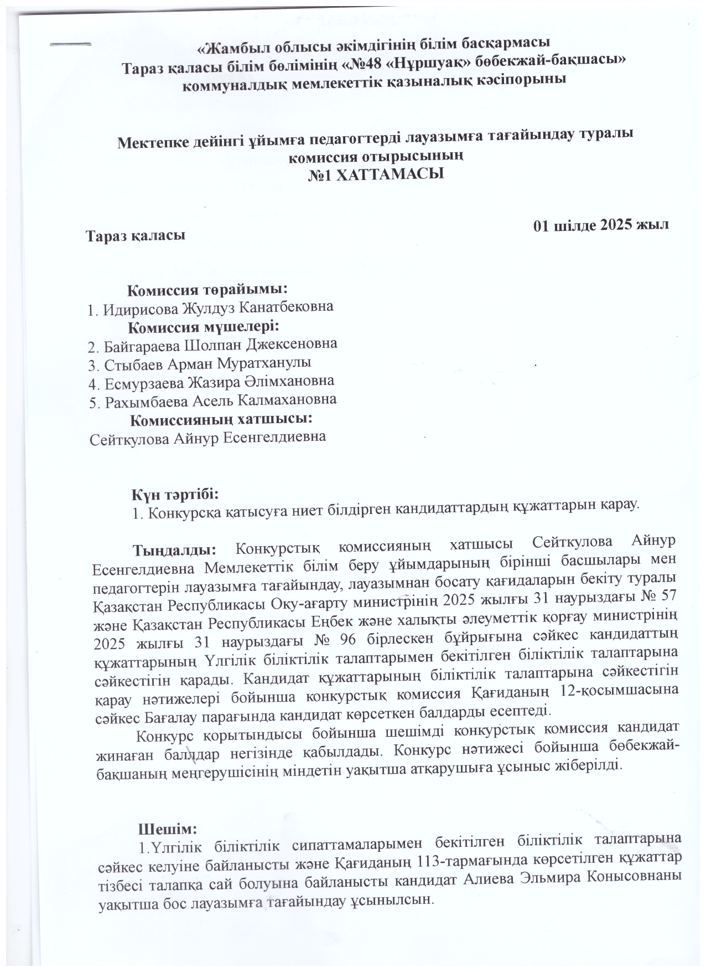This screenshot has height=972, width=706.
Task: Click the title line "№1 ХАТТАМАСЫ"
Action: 376,174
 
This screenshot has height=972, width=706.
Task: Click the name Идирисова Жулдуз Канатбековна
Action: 210,307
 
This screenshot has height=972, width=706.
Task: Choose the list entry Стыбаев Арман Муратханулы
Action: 199,363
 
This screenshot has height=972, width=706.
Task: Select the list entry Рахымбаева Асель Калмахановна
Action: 212,400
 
